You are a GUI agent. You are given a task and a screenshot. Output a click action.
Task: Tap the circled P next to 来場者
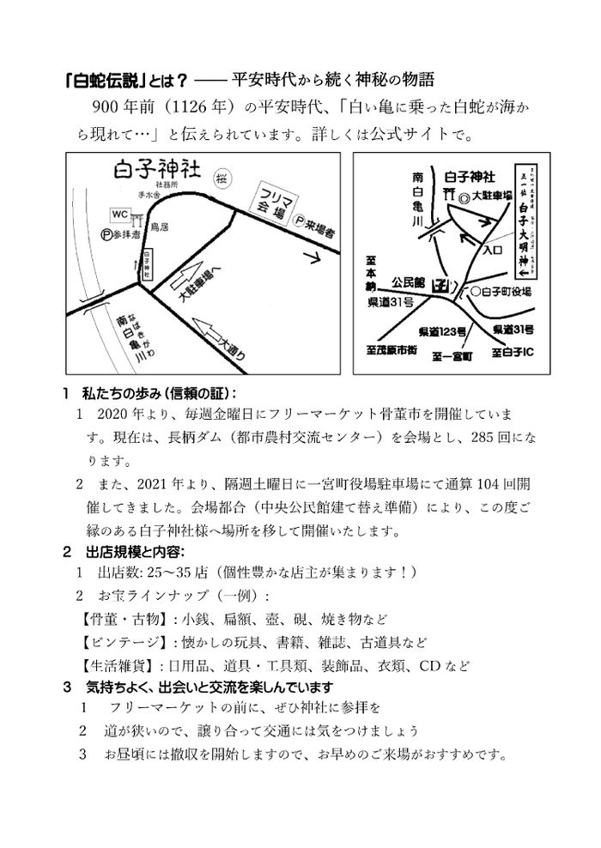(x=300, y=221)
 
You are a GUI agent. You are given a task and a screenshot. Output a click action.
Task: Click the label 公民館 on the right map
(x=409, y=281)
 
